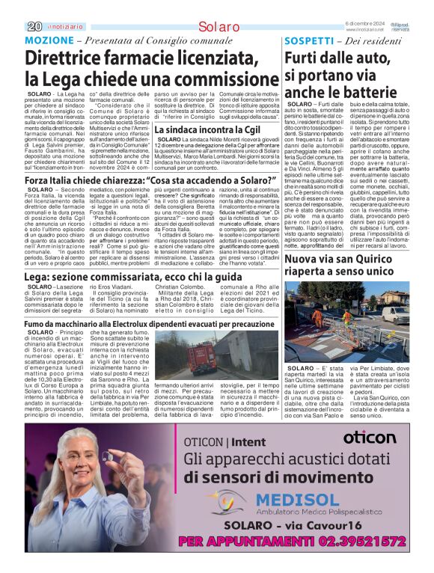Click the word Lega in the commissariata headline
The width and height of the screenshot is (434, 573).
pos(40,277)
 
